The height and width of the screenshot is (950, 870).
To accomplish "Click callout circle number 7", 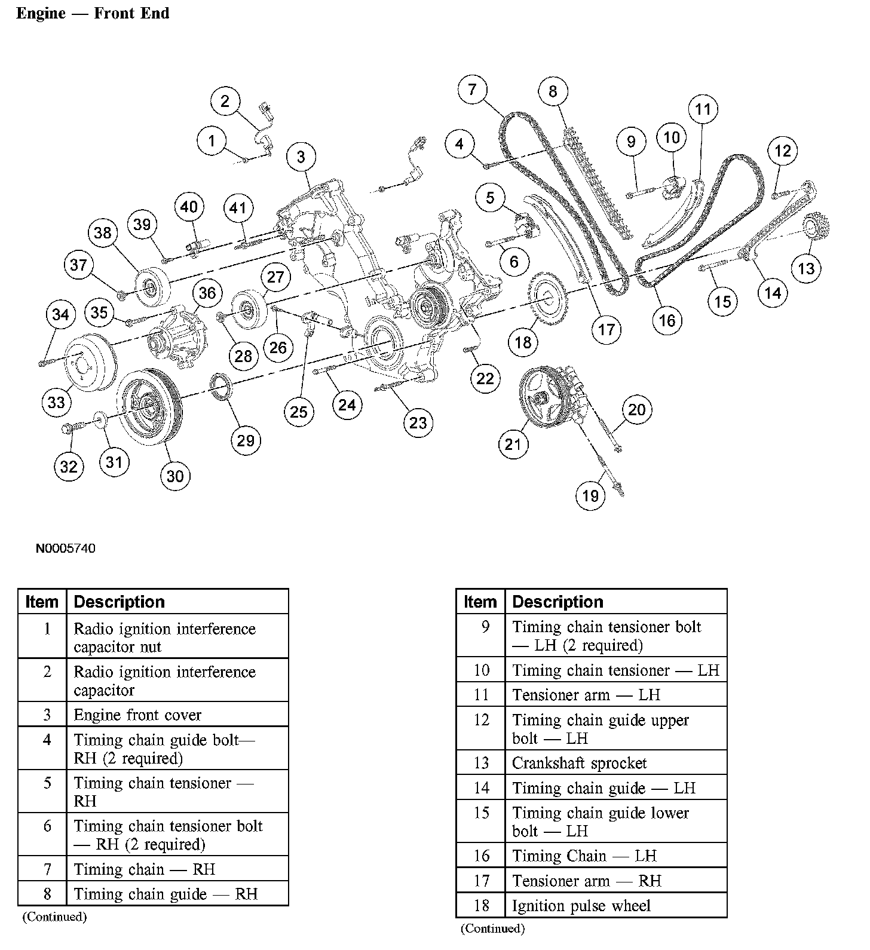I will click(472, 90).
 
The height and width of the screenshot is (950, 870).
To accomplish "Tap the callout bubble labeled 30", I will click(174, 476).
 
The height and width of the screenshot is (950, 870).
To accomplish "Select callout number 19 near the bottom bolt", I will click(590, 495).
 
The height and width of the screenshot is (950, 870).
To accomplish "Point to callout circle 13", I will click(806, 268).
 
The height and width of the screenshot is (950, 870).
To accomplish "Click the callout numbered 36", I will click(207, 293).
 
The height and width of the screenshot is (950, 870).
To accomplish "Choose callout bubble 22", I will click(485, 378).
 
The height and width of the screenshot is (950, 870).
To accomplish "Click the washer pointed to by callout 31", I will click(99, 420).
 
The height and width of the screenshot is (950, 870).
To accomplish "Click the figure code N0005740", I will click(65, 548).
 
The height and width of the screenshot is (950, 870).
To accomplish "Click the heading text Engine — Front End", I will click(93, 13).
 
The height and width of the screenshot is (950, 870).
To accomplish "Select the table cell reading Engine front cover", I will click(137, 715).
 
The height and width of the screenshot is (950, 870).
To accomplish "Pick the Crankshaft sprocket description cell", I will click(579, 763).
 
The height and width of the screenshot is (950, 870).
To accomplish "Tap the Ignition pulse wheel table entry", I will click(581, 906).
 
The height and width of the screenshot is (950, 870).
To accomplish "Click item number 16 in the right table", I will click(481, 856).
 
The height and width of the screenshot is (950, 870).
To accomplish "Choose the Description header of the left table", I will click(119, 602).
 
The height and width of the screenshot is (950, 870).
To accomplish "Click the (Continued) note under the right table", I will click(492, 928).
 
